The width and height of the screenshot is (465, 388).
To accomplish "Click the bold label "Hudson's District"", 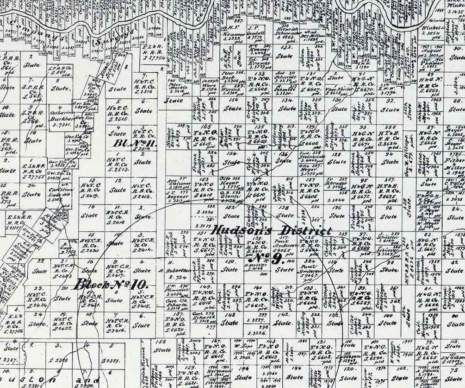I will tap(272, 230).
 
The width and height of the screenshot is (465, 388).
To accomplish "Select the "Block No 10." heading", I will tap(111, 284).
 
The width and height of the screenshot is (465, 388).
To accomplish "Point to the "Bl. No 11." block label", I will tap(135, 143).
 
